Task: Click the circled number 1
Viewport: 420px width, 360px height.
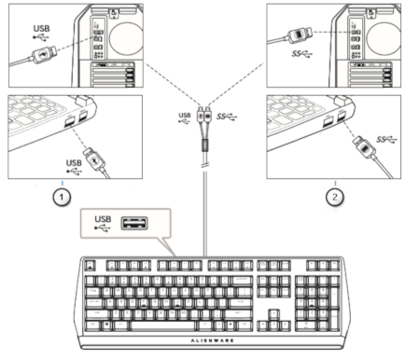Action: coord(63,197)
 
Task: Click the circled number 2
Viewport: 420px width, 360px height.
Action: coord(334,197)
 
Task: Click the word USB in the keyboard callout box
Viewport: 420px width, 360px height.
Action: coord(104,219)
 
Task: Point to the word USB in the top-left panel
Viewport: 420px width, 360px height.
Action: coord(42,29)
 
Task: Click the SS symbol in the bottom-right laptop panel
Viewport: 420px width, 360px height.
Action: coord(384,139)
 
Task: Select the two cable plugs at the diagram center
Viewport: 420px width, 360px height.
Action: coord(205,121)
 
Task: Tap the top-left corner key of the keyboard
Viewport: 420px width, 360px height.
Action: coord(89,266)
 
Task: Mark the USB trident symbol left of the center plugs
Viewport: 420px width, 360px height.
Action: coord(184,118)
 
